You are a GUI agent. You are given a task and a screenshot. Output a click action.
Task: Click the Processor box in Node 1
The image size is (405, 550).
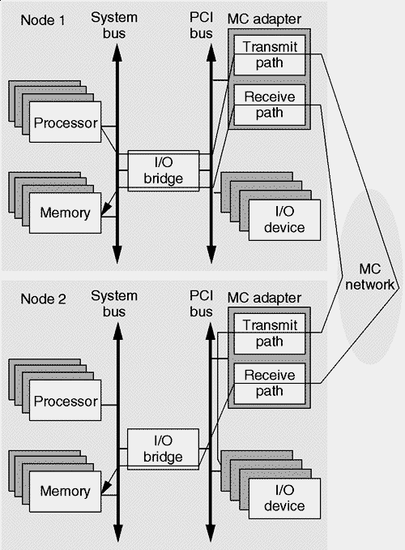click(x=66, y=123)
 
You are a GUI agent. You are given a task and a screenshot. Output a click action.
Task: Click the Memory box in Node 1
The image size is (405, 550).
click(x=64, y=213)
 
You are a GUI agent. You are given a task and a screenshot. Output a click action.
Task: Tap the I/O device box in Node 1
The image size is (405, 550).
click(x=284, y=217)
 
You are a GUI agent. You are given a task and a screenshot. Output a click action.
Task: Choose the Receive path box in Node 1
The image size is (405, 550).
click(x=269, y=105)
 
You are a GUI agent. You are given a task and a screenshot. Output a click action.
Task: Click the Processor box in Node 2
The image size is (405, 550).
click(x=66, y=402)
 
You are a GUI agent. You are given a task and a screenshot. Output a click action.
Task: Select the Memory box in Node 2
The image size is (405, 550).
click(x=64, y=491)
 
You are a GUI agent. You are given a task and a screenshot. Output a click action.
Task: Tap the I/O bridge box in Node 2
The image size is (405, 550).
click(x=163, y=449)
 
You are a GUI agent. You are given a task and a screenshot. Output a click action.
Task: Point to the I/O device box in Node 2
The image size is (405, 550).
click(x=284, y=497)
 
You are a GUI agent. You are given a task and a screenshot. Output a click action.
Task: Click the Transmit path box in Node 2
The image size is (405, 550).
click(x=269, y=333)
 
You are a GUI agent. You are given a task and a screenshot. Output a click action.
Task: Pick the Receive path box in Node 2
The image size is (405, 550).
click(x=269, y=381)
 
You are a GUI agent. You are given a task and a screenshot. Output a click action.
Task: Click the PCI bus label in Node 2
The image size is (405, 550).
click(x=201, y=303)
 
